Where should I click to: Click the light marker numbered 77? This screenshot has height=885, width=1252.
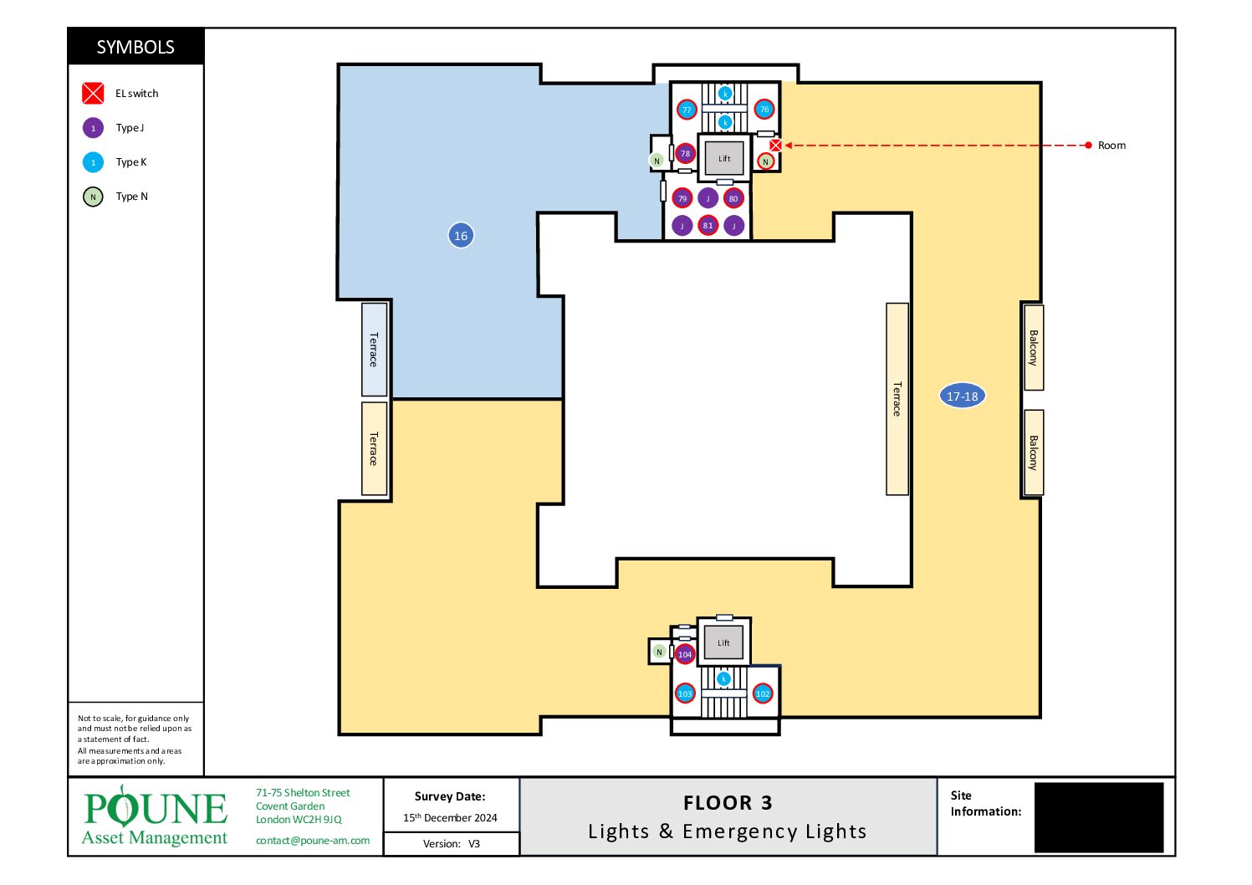tap(687, 110)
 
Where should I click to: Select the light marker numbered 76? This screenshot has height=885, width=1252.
tap(764, 109)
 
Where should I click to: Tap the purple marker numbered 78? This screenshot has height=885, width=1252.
tap(685, 153)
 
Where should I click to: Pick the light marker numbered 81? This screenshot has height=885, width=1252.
tap(708, 225)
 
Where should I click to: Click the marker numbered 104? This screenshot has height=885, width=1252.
tap(685, 654)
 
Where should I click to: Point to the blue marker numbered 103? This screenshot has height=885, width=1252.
tap(685, 693)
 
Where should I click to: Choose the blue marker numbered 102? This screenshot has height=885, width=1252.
tap(763, 693)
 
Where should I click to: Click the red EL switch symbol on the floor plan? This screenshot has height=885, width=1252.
tap(775, 146)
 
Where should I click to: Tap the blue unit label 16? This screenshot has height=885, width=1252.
tap(461, 235)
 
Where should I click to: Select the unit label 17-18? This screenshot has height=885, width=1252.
tap(962, 396)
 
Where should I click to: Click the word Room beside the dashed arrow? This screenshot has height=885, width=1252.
tap(1111, 146)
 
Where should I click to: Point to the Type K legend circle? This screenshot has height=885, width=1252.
tap(93, 162)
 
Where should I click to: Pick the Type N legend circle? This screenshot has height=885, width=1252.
tap(93, 197)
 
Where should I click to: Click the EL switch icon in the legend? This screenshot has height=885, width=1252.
tap(93, 94)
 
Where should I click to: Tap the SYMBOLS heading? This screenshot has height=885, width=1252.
tap(135, 47)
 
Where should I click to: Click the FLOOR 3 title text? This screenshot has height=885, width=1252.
tap(728, 803)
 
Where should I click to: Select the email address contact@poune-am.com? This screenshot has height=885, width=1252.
tap(313, 841)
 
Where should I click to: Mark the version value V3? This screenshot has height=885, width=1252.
tap(474, 844)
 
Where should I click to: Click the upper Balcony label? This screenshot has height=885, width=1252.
tap(1034, 347)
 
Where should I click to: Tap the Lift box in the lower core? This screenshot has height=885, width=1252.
tap(723, 642)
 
